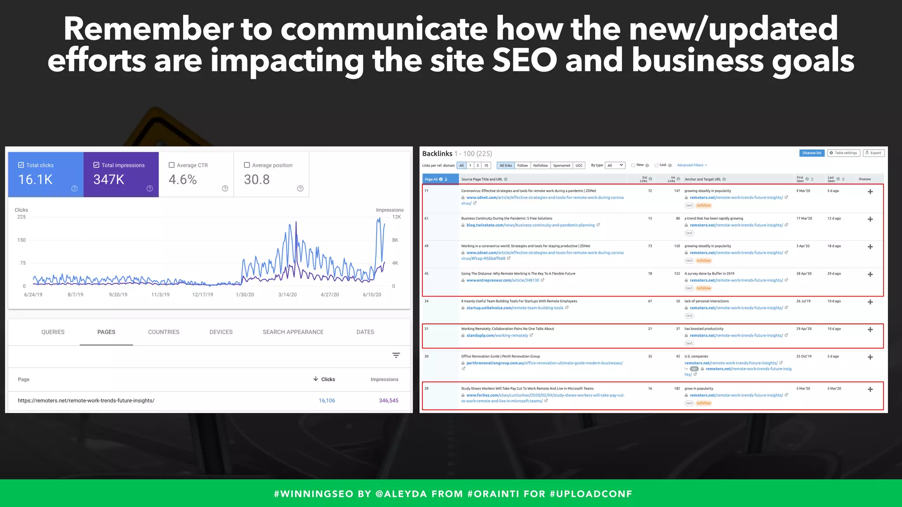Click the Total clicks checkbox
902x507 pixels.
pos(21,165)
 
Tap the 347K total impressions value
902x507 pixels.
pos(109,180)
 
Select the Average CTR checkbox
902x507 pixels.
pos(172,165)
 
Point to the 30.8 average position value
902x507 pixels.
pos(257,180)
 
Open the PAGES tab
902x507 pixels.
pos(106,332)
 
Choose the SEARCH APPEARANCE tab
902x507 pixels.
pos(293,332)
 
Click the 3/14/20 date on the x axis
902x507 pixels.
pos(287,294)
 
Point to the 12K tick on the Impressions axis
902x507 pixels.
pos(396,217)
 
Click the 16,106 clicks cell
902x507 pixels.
pos(327,400)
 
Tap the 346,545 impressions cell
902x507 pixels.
pos(388,400)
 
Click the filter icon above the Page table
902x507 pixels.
pos(396,355)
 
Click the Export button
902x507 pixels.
pos(873,153)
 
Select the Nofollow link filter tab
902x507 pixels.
pos(540,165)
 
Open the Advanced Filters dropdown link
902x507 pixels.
pos(691,165)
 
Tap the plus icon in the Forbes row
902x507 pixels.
pos(870,389)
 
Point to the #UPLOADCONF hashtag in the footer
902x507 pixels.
pos(591,494)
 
